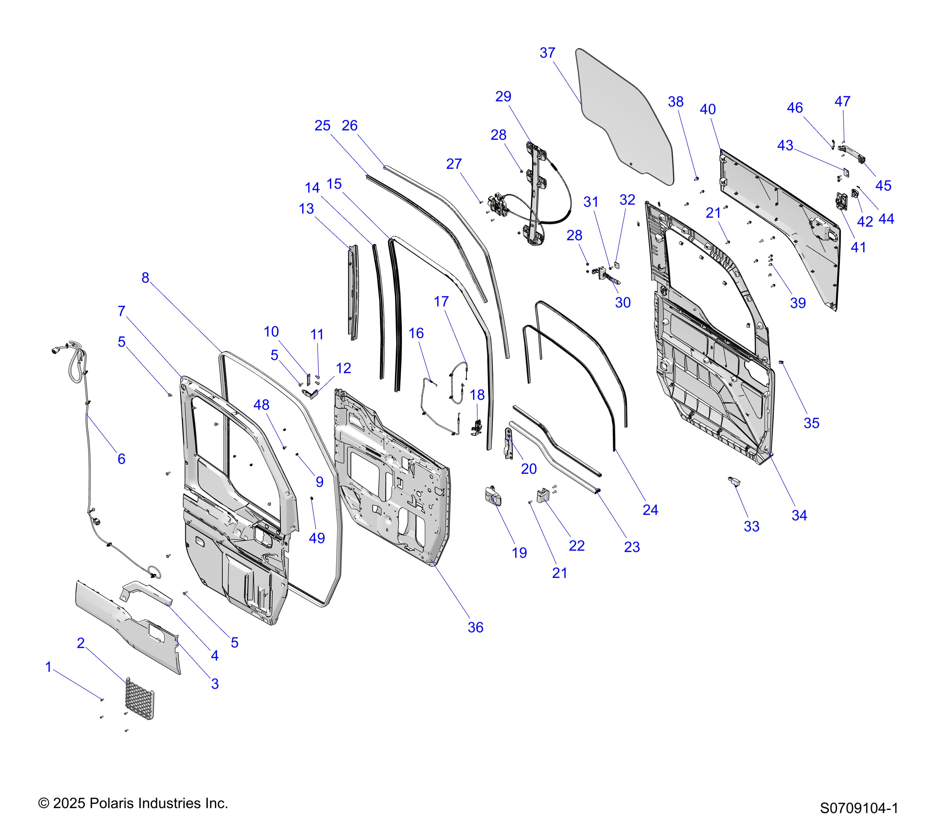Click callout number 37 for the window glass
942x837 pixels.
pos(547,53)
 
